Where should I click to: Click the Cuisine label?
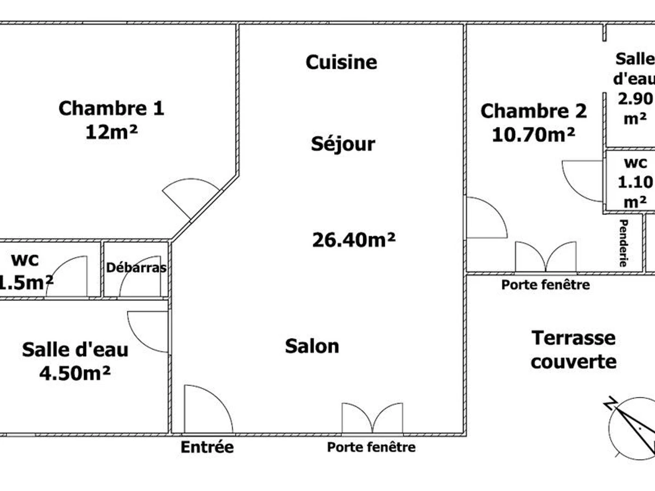pos(341,62)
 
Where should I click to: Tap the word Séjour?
pos(343,144)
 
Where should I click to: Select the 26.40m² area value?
pos(354,240)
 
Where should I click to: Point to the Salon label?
pos(312,346)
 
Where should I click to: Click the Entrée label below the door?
pos(207,447)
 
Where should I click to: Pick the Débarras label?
pos(136,267)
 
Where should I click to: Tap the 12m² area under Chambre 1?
pos(111,132)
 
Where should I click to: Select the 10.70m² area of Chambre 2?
pos(533,135)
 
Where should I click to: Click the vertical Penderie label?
pos(624,243)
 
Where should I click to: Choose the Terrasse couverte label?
pos(574,350)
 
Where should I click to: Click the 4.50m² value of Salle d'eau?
pos(75,373)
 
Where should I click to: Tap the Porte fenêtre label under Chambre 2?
pos(545,285)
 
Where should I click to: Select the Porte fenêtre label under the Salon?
pos(371,447)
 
